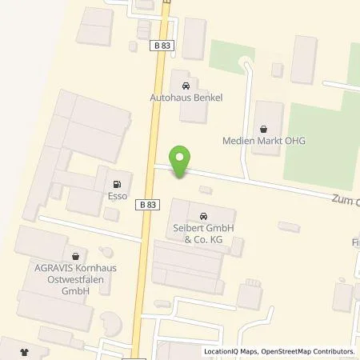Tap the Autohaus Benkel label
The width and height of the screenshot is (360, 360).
coord(185,98)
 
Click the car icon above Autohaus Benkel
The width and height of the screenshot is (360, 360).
coord(186,85)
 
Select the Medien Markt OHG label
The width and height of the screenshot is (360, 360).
coord(264,142)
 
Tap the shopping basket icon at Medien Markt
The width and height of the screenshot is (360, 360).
coord(264,128)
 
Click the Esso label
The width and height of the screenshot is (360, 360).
coord(118,192)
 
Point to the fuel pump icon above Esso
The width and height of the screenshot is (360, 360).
coord(118,178)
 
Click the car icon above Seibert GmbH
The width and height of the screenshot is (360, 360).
coord(203,215)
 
